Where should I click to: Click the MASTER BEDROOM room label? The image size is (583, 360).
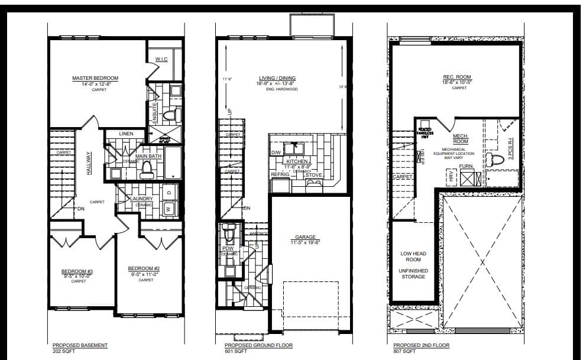tap(95, 78)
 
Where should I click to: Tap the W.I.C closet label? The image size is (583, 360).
tap(161, 59)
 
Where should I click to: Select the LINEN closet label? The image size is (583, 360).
tap(126, 134)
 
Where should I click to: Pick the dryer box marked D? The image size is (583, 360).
tap(169, 192)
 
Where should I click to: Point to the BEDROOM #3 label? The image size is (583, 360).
tap(77, 272)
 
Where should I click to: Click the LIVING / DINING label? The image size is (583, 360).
tap(277, 78)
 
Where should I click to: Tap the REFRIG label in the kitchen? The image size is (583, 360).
tap(280, 175)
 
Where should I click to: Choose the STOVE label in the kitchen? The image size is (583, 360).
tap(313, 175)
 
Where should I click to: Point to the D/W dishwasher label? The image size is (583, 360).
tap(276, 153)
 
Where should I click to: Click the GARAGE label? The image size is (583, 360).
tap(305, 237)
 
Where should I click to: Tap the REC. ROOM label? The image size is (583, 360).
tap(456, 76)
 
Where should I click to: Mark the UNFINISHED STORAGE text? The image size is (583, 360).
tap(414, 274)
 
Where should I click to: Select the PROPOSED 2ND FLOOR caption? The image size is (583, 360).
tap(421, 345)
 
